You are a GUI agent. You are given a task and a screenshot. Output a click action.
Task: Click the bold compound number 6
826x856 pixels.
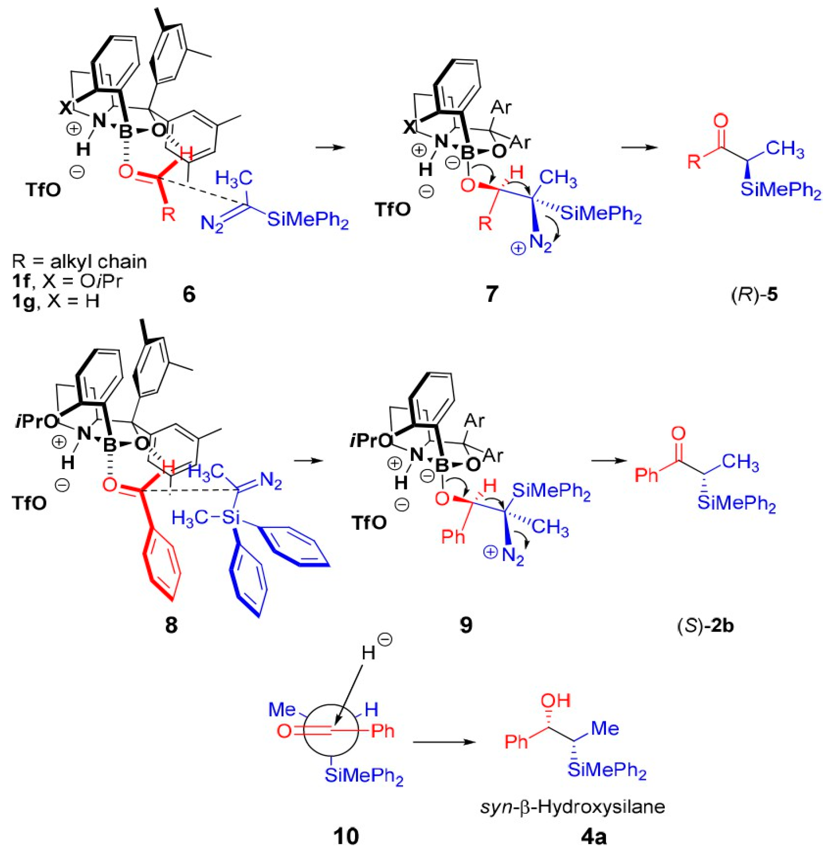click(189, 295)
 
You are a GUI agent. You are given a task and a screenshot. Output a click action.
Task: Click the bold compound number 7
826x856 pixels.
click(491, 295)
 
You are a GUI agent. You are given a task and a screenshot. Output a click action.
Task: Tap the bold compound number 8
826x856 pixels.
click(171, 626)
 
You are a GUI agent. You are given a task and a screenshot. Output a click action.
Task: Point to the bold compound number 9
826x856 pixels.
click(466, 626)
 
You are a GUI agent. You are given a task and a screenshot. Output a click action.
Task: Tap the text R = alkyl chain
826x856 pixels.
click(79, 262)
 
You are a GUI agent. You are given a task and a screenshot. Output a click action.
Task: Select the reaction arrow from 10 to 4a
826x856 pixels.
click(444, 742)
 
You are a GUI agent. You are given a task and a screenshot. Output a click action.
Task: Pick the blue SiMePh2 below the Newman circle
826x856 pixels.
click(363, 777)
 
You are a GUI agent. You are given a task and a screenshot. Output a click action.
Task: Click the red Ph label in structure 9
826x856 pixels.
click(453, 537)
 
